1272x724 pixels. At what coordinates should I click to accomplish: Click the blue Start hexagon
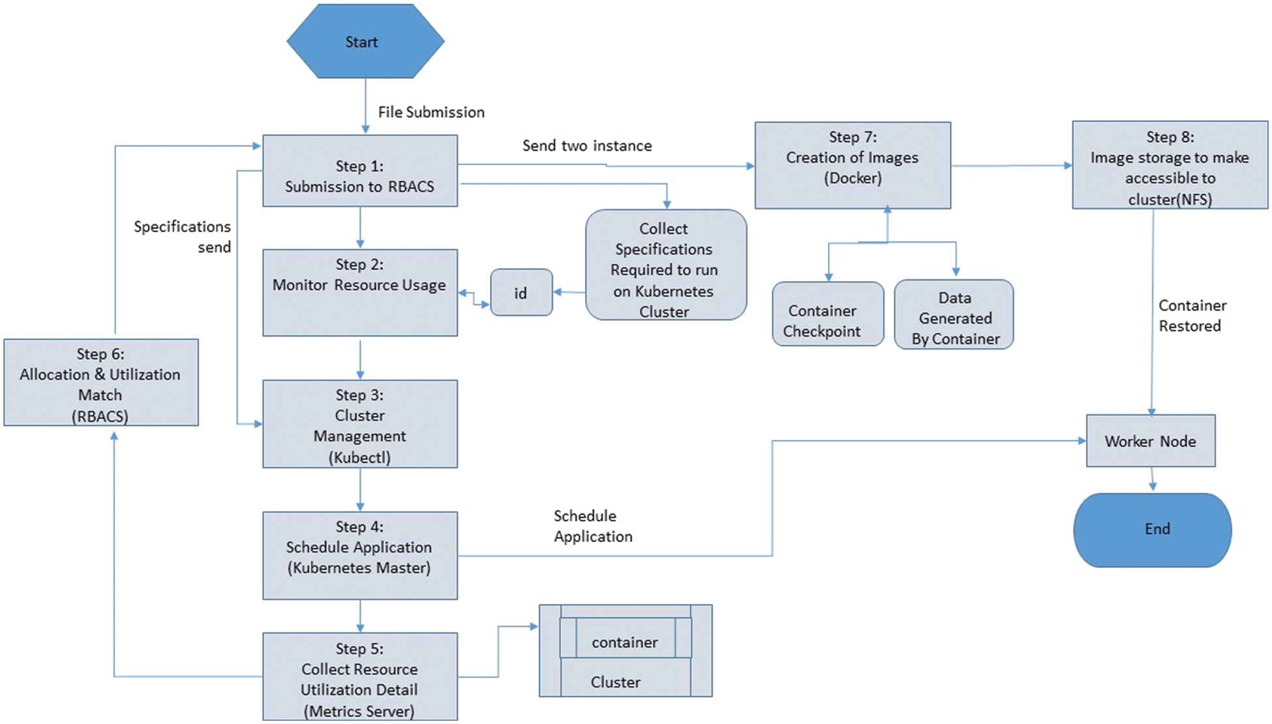click(365, 41)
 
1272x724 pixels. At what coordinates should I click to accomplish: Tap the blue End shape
click(1152, 529)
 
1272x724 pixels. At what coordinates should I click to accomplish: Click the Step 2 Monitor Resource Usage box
click(359, 292)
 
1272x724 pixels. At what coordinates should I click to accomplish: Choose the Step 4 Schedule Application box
click(359, 555)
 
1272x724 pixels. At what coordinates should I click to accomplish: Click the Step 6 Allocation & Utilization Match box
click(101, 383)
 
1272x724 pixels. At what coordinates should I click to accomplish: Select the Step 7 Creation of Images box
click(852, 165)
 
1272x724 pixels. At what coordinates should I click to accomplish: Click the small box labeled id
click(521, 293)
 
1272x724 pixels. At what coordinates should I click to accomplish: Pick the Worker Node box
click(1150, 441)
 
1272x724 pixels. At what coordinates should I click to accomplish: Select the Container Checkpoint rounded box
click(827, 314)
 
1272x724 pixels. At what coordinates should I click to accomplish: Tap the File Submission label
click(431, 112)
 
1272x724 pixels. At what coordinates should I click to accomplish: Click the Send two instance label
click(586, 145)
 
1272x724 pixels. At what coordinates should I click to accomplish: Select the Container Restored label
click(1192, 316)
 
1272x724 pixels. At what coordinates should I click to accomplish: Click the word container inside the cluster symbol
click(624, 642)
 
